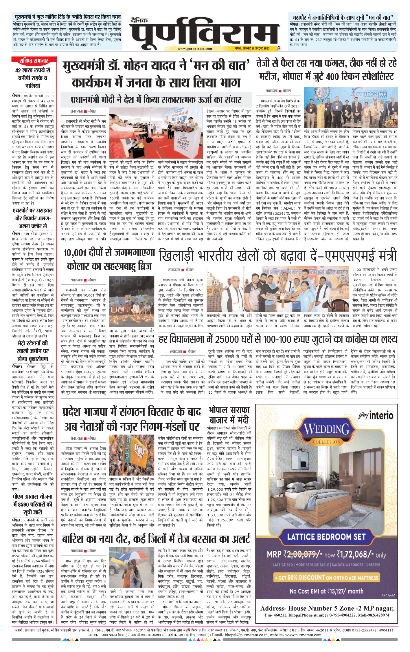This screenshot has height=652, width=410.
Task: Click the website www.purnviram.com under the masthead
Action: click(194, 49)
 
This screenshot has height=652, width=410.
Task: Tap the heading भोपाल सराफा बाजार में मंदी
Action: click(229, 415)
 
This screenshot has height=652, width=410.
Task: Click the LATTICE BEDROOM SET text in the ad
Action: click(326, 537)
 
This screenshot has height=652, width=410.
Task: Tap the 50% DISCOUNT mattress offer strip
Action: click(326, 578)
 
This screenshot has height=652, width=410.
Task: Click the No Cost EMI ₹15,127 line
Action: click(326, 591)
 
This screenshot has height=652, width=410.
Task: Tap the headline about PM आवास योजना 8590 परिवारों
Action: click(33, 504)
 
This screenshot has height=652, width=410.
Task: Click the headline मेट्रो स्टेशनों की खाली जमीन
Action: click(33, 351)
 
